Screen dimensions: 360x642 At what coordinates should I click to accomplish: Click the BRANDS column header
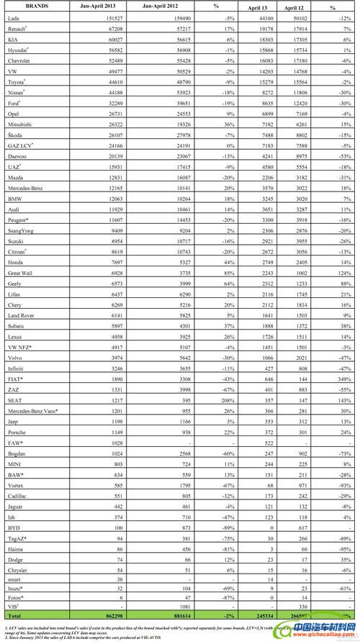pyautogui.click(x=22, y=5)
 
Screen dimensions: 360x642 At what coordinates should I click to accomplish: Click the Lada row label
pyautogui.click(x=14, y=19)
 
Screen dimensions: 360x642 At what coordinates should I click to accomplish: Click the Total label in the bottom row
pyautogui.click(x=14, y=618)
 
